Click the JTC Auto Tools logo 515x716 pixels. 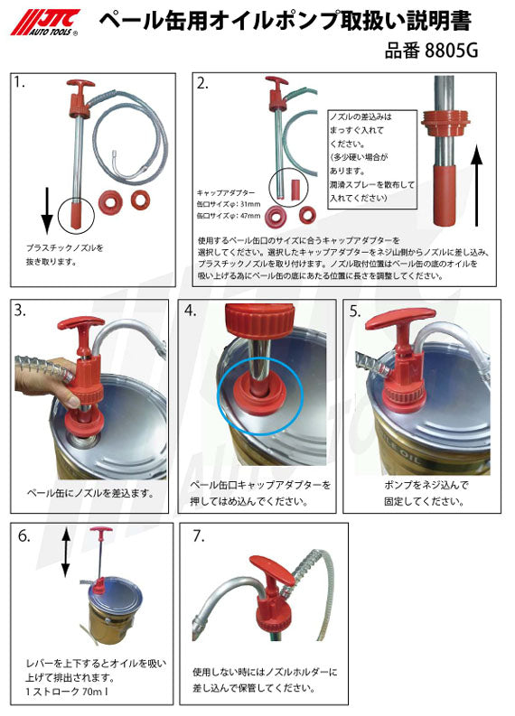[x=47, y=22]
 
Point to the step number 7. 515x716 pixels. [x=199, y=535]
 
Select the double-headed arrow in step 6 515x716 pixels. [x=65, y=553]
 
